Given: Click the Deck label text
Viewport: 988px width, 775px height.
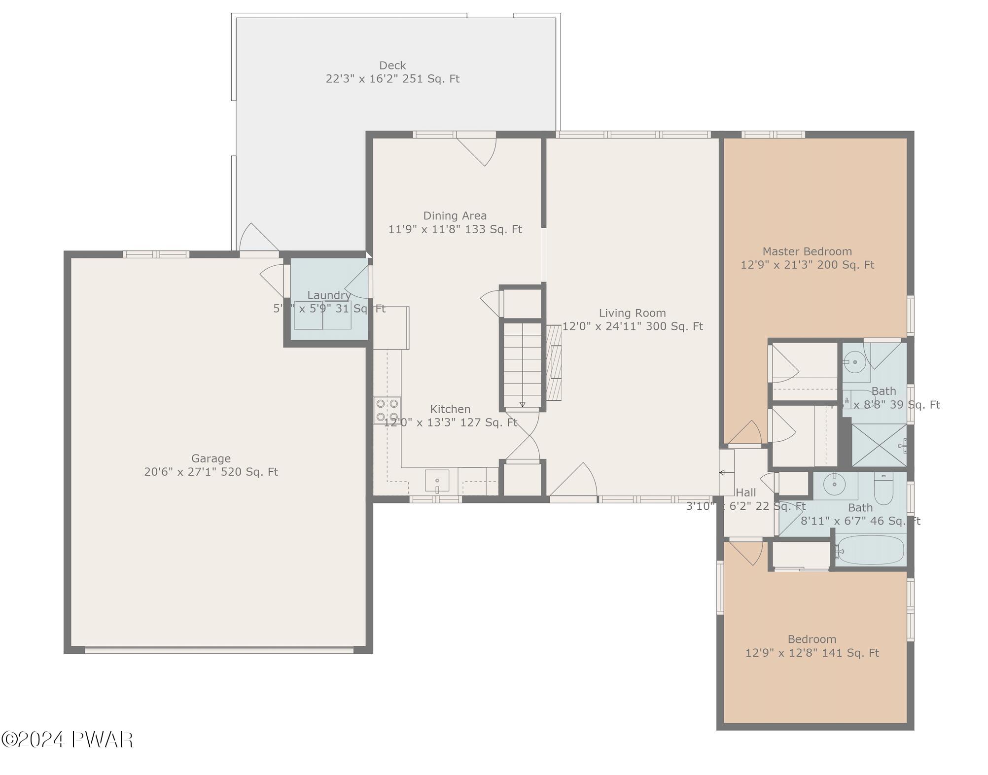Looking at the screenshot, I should tap(392, 66).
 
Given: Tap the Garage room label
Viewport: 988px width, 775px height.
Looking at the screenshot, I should tap(211, 458).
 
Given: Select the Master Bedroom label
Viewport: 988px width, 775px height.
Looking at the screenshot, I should tap(807, 251).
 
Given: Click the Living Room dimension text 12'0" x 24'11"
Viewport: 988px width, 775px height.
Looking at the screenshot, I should tap(633, 326).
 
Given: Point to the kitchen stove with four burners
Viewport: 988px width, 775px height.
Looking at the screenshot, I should tap(387, 410).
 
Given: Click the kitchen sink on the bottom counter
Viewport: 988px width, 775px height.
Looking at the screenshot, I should tap(437, 481).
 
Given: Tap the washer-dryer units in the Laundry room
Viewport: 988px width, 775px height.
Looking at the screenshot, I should tap(322, 315).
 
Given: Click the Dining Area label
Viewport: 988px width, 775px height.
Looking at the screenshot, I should tap(455, 216).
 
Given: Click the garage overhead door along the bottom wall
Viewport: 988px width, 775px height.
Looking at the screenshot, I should tap(219, 650).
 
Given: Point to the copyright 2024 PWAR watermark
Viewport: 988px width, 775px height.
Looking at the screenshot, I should tap(67, 740).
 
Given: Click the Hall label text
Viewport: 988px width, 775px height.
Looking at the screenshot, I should tap(745, 493).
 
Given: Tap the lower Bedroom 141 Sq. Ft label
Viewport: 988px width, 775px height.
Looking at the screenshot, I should tap(812, 646).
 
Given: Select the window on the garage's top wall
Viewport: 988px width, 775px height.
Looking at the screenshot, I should tap(156, 254).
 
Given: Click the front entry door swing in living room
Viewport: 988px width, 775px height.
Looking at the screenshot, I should tap(574, 481).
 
